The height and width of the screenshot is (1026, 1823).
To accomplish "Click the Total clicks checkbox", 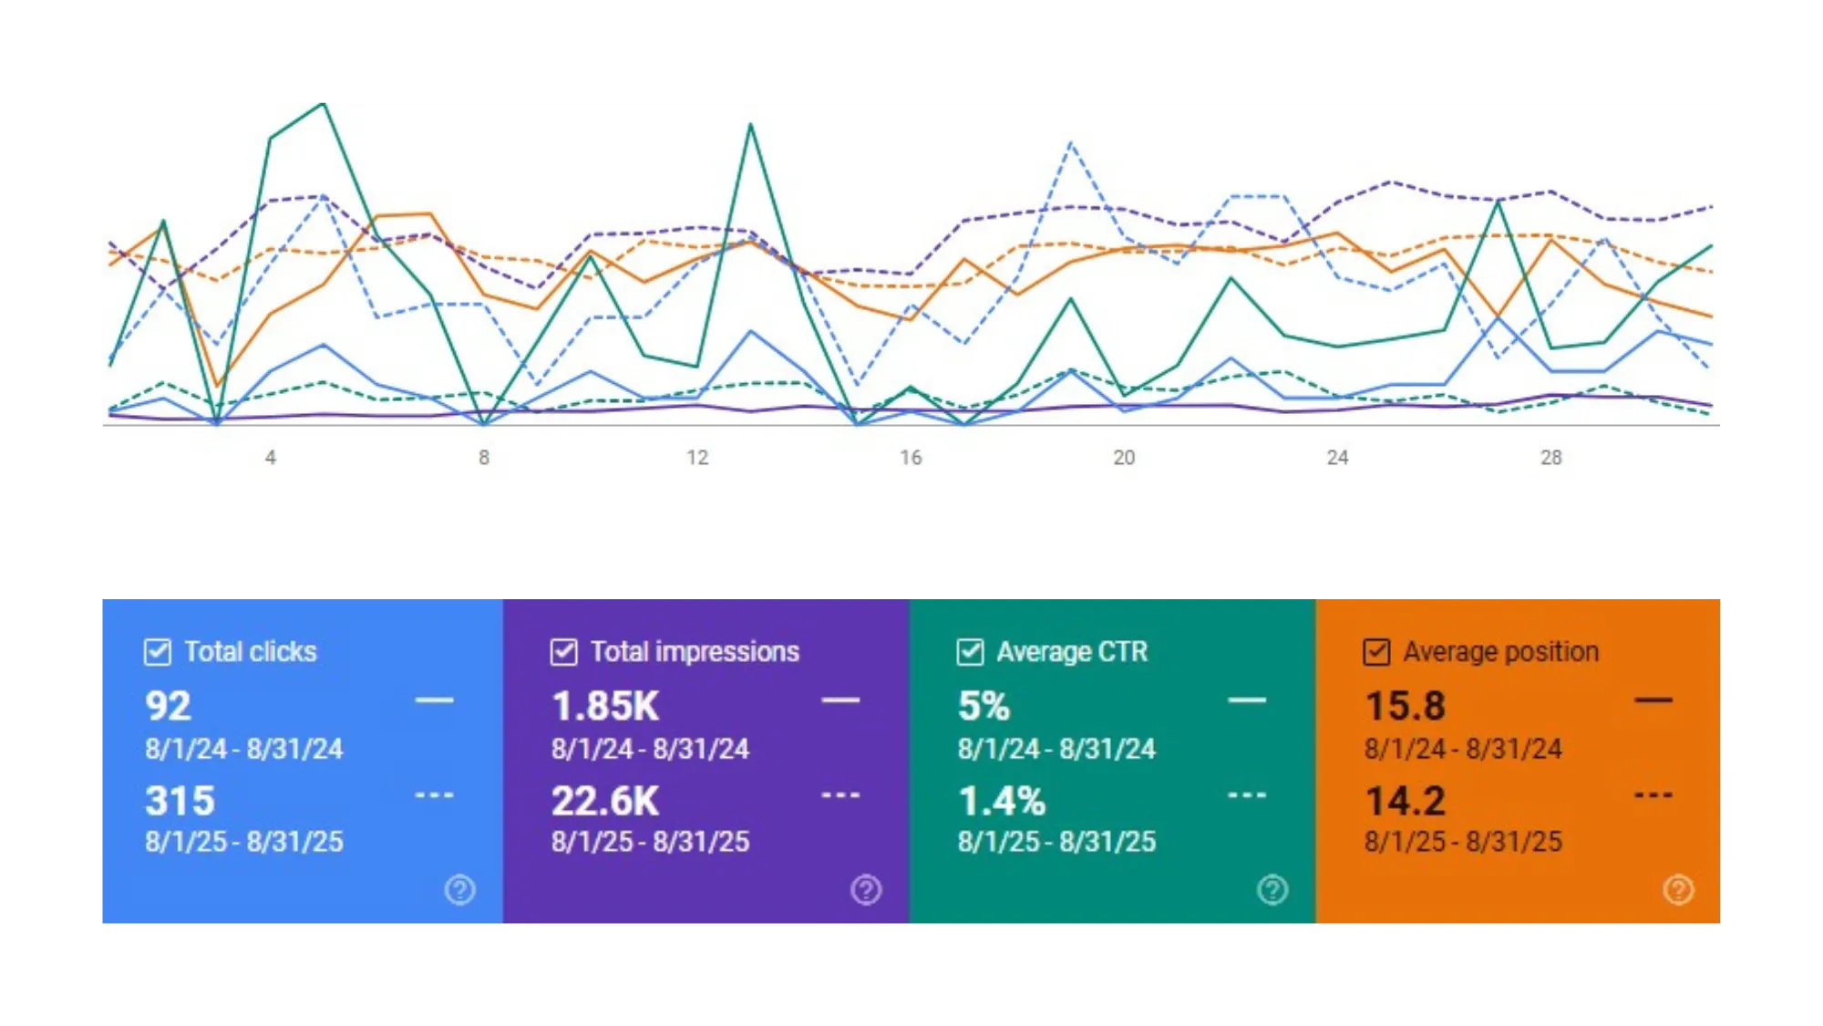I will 158,652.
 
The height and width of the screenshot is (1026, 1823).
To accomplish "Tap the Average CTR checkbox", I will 970,652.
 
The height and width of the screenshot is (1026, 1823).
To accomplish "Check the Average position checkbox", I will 1376,652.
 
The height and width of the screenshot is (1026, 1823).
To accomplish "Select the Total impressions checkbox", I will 564,652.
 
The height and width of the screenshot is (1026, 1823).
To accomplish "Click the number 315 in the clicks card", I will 180,801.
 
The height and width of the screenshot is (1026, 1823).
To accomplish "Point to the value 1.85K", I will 605,706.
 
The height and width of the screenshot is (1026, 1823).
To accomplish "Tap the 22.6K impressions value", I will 605,801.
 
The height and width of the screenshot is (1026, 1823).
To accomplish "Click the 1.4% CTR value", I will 1002,801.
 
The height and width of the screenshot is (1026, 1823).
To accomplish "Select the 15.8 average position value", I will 1405,706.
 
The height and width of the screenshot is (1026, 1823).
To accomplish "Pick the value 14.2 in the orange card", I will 1405,801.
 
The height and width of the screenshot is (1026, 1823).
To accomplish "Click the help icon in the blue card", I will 459,889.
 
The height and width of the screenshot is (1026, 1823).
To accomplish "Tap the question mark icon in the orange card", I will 1678,889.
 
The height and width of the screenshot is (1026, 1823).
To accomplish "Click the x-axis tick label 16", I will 911,458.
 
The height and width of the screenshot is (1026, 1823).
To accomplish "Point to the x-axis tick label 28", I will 1550,458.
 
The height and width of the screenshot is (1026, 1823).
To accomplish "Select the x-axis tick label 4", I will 271,458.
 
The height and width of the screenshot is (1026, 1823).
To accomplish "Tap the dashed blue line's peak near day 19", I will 1071,142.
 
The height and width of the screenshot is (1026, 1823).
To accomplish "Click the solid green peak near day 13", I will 750,124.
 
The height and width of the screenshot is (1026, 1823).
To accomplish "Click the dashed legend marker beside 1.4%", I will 1246,795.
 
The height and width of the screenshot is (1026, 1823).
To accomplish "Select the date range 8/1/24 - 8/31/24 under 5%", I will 1056,749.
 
